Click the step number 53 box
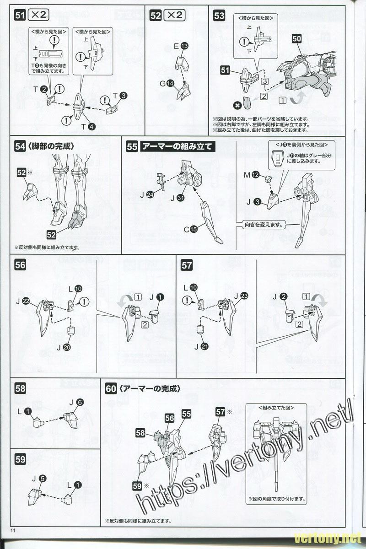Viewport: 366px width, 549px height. (219, 16)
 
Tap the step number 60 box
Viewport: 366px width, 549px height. (110, 388)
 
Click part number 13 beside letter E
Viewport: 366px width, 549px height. (184, 46)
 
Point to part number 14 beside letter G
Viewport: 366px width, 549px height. (170, 83)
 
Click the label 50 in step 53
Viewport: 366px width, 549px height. (296, 39)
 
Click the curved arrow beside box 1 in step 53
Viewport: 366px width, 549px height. (299, 97)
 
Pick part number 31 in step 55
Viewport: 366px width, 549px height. (180, 198)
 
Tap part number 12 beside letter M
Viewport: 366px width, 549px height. (255, 174)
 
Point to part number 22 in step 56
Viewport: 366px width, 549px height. (26, 301)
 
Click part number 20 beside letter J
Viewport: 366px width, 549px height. (67, 347)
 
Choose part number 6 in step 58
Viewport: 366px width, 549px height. (80, 403)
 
